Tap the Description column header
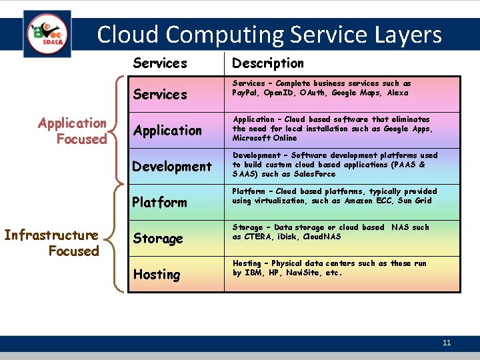coord(267,63)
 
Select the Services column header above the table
coord(160,63)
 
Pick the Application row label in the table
coord(167,131)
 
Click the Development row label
coord(172,167)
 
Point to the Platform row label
coord(160,203)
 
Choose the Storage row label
coord(158,239)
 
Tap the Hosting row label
coord(157,275)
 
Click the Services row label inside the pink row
coord(160,95)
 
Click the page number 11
coord(447,343)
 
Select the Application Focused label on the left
coord(73,131)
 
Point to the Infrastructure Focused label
coord(52,243)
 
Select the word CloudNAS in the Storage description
coord(323,237)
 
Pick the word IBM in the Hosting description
coord(253,273)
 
